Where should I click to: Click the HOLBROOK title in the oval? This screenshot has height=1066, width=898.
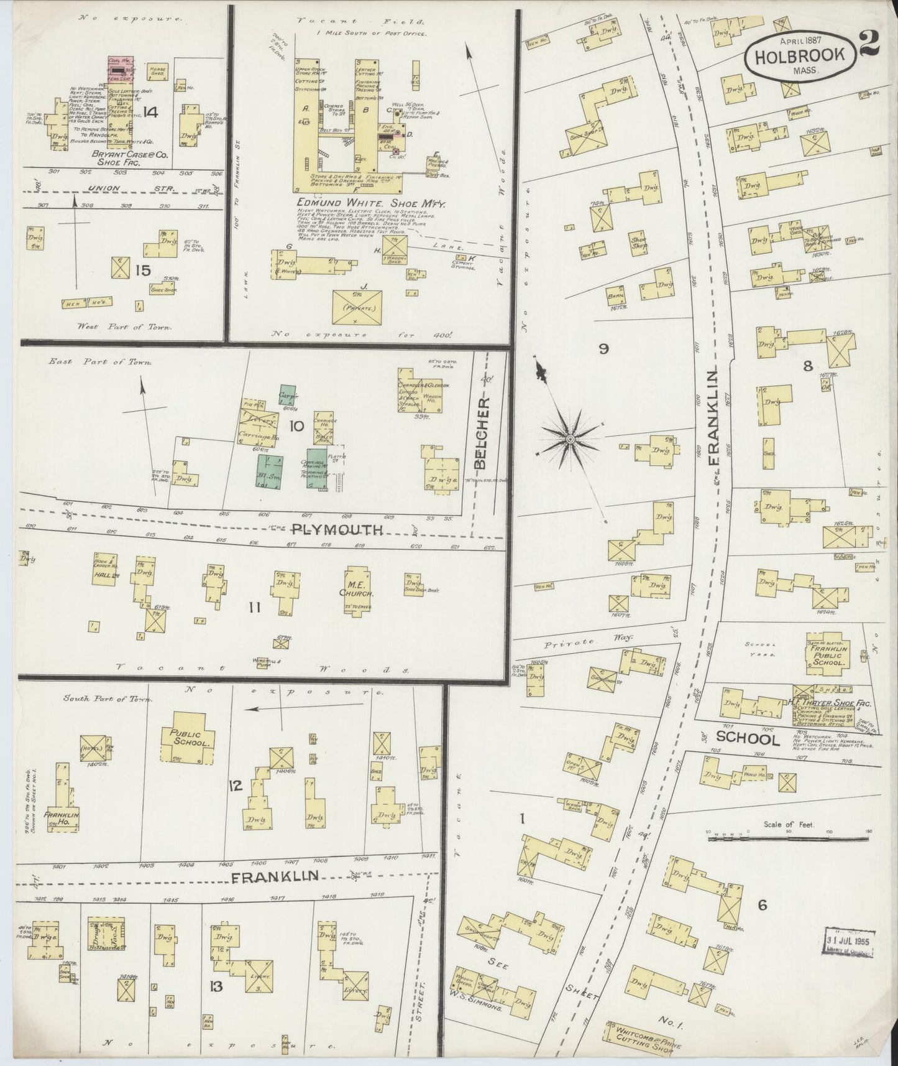(800, 55)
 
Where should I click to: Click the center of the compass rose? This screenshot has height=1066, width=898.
(570, 440)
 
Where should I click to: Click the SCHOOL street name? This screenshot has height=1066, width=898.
(748, 739)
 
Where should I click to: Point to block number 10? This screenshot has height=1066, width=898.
(295, 426)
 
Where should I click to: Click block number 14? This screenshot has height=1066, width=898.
(150, 112)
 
